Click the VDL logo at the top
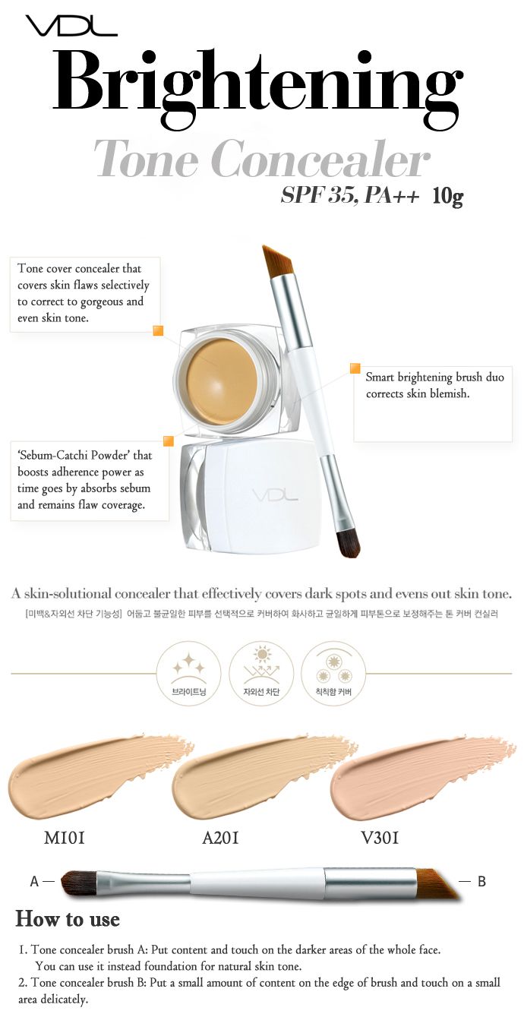71,26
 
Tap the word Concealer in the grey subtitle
320,159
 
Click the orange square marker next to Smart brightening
355,368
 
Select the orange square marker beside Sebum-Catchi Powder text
168,441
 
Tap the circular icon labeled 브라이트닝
188,673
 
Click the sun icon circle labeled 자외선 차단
261,673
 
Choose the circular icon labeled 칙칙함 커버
333,673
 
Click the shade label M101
65,838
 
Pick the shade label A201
220,838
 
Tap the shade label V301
380,838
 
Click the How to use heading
68,919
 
